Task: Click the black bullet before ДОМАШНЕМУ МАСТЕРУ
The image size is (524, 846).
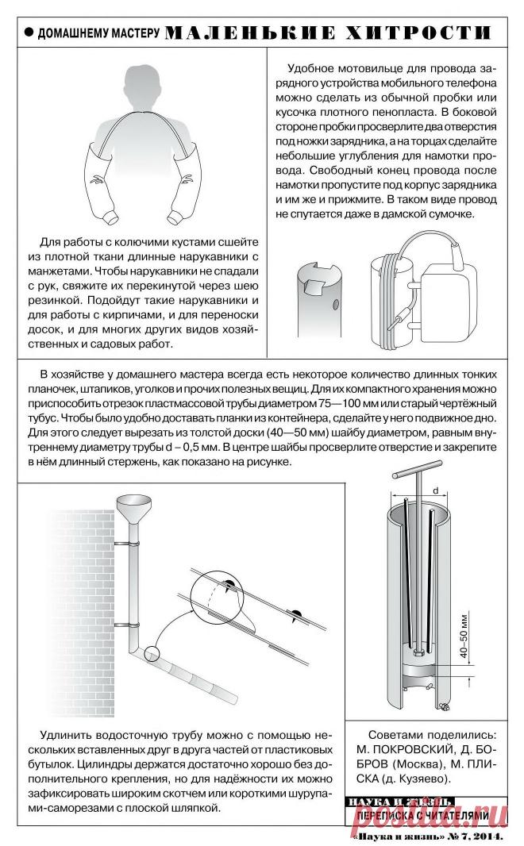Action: coord(29,33)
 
